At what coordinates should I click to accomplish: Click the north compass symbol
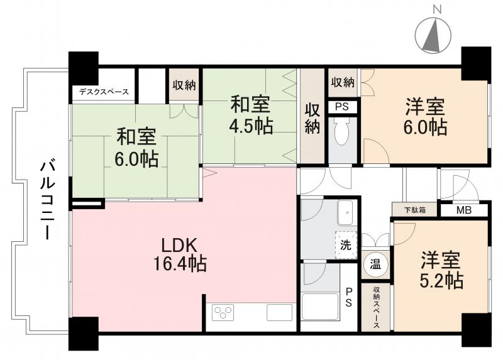click(x=432, y=36)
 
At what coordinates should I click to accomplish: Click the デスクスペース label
click(x=104, y=92)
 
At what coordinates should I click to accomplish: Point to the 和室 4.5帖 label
click(x=250, y=114)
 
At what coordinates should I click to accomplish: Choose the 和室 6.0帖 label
click(x=136, y=146)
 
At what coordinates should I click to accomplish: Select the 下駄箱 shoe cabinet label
click(x=410, y=210)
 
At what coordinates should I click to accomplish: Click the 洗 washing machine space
click(x=346, y=246)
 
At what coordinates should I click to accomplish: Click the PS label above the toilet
click(x=342, y=107)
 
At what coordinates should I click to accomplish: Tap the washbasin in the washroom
click(x=345, y=214)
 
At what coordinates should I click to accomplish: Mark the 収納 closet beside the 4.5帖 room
click(x=312, y=117)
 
